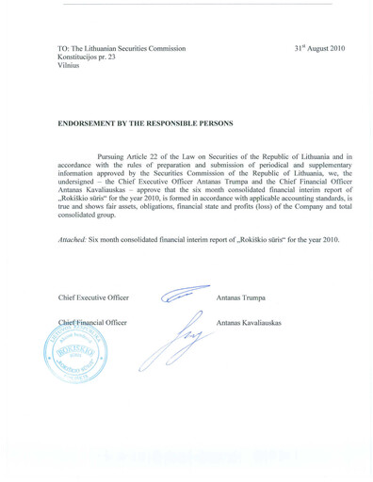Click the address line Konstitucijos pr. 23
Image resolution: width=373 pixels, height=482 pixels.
coord(92,57)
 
